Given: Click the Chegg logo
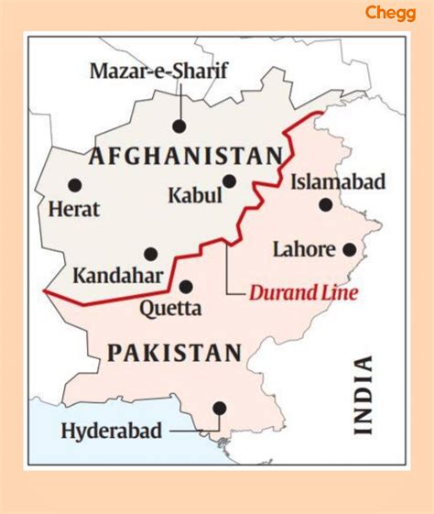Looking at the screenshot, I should [391, 13].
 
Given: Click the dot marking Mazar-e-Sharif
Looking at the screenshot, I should [179, 126].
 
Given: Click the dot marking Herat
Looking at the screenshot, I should [74, 185].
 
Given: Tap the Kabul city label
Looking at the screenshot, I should [195, 195].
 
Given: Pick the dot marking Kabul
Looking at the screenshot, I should [229, 181].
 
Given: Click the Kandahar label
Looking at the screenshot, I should [119, 275].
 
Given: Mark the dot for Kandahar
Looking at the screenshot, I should [151, 254].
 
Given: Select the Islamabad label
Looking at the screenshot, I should [338, 182].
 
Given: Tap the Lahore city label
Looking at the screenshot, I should [303, 248].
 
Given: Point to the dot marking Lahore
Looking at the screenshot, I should [350, 248].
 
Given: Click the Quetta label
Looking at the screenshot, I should [170, 308].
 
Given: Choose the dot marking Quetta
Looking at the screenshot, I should [186, 286].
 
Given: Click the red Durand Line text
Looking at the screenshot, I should [303, 294].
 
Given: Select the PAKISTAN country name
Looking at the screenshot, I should [174, 353].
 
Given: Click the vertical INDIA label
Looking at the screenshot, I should [363, 394].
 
